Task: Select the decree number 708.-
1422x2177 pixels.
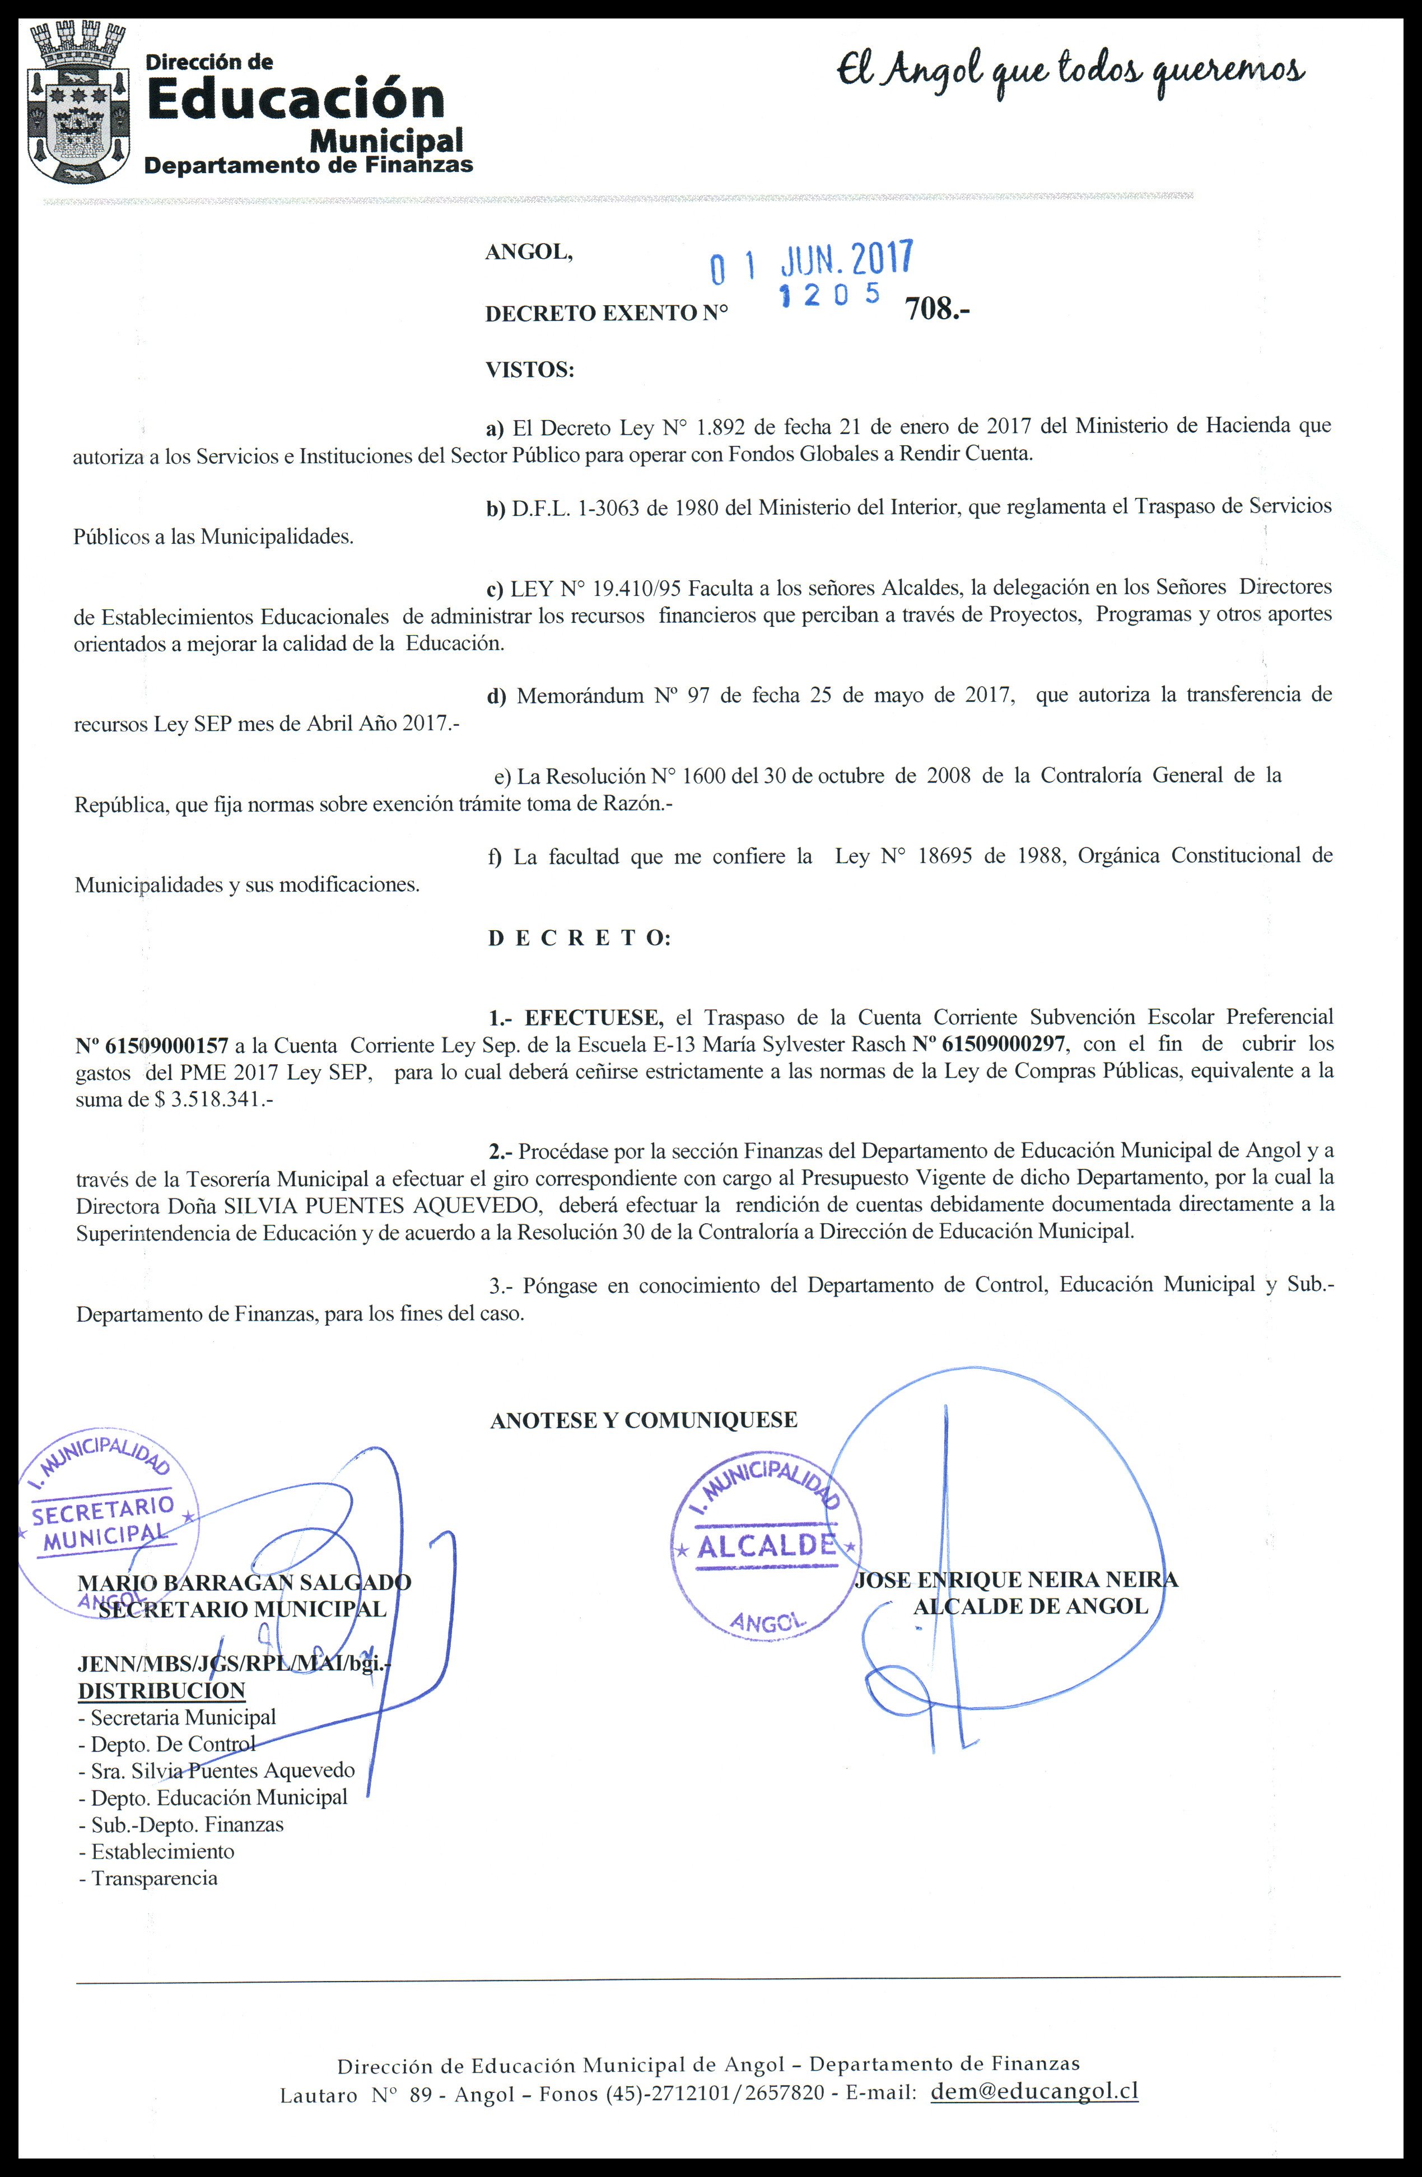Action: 936,311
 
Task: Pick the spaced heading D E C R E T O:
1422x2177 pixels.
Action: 579,939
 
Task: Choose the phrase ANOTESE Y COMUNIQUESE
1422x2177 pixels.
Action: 644,1420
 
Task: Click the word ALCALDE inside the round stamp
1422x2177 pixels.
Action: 766,1546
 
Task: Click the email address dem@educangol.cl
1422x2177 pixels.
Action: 1033,2064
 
